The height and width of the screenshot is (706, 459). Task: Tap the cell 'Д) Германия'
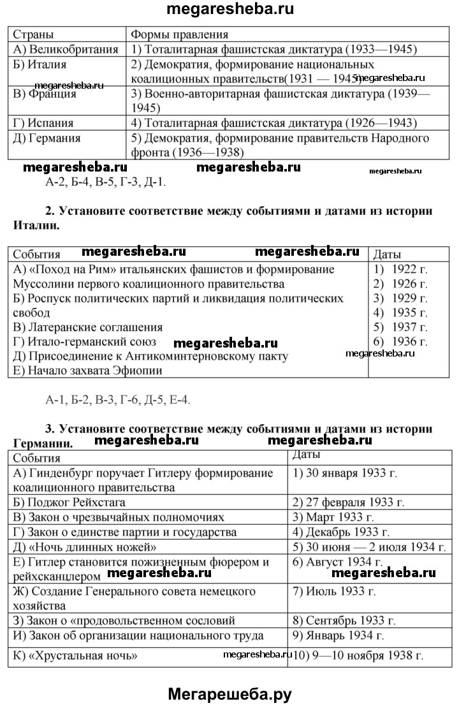coord(47,138)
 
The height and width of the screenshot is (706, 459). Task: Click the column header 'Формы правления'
coord(179,34)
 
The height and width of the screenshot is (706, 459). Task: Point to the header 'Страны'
coord(33,34)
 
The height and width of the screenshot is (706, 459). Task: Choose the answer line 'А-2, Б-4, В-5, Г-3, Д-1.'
coord(105,182)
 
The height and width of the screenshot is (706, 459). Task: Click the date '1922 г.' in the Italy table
coord(410,269)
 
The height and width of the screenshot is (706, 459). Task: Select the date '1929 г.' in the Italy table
coord(410,298)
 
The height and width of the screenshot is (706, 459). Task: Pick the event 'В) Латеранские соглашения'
coord(88,328)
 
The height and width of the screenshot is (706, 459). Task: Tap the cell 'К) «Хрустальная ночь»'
coord(75,655)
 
